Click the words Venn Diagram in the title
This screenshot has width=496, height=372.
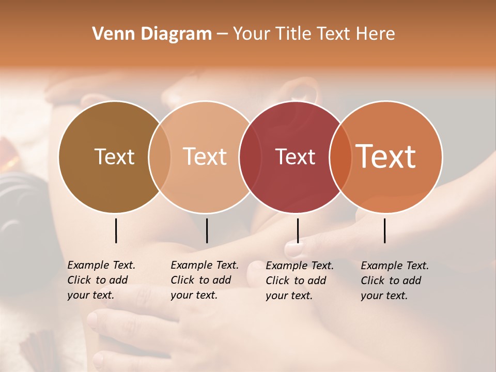pyautogui.click(x=152, y=34)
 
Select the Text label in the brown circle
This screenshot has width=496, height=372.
pyautogui.click(x=114, y=157)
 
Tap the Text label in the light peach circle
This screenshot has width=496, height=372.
pyautogui.click(x=205, y=157)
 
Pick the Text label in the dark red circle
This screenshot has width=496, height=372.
pyautogui.click(x=295, y=157)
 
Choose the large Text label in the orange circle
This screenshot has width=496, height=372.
pyautogui.click(x=386, y=157)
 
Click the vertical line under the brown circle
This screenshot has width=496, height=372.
pyautogui.click(x=116, y=230)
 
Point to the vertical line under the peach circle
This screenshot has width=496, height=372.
pyautogui.click(x=207, y=230)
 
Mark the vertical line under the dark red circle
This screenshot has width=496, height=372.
pyautogui.click(x=298, y=230)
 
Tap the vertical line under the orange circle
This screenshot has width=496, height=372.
pyautogui.click(x=384, y=230)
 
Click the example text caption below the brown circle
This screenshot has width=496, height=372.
pyautogui.click(x=101, y=280)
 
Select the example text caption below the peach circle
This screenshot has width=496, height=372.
pyautogui.click(x=205, y=280)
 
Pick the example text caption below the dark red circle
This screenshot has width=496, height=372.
pyautogui.click(x=300, y=281)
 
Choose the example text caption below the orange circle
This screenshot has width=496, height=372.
pyautogui.click(x=395, y=281)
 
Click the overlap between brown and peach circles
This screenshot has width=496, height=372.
pyautogui.click(x=160, y=157)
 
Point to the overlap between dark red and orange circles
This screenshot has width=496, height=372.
pyautogui.click(x=340, y=157)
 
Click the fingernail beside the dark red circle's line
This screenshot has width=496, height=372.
pyautogui.click(x=292, y=249)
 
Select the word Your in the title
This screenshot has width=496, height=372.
pyautogui.click(x=251, y=34)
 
